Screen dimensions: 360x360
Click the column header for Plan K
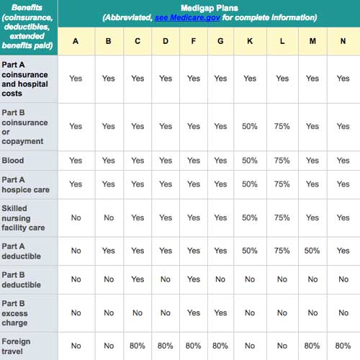click(250, 41)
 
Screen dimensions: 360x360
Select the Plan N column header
click(343, 41)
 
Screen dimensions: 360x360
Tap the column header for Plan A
click(76, 41)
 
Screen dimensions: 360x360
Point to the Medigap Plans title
click(209, 7)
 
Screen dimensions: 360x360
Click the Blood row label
click(13, 161)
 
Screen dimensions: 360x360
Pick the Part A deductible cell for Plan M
click(312, 251)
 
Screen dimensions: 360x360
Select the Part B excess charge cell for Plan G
click(220, 313)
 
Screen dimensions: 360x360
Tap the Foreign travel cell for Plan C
click(137, 346)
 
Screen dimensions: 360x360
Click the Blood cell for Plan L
click(282, 161)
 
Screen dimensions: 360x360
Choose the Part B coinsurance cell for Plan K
click(250, 126)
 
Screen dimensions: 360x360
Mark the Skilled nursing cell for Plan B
click(108, 217)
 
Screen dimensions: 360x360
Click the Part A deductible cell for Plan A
click(76, 251)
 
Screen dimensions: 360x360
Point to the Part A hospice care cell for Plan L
click(282, 184)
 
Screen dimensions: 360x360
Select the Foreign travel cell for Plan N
click(343, 346)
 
